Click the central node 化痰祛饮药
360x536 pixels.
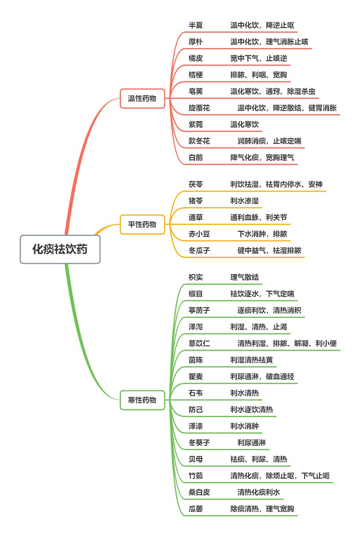coord(60,249)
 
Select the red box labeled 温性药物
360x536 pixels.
coord(142,98)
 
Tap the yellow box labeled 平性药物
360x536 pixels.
coord(142,224)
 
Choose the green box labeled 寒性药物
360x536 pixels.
coord(142,400)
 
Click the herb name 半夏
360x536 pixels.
coord(196,26)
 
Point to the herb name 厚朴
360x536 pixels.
coord(196,42)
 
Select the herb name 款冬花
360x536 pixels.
coord(199,141)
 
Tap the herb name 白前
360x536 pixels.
coord(196,158)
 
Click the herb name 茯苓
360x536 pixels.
coord(196,184)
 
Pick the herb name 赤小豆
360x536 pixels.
coord(199,234)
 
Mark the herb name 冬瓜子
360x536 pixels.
coord(199,250)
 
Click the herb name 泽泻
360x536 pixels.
coord(196,327)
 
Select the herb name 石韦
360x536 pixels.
coord(196,393)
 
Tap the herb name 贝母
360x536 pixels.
coord(196,459)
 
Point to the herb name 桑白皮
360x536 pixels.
coord(199,492)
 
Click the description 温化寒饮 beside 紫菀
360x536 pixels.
coord(245,125)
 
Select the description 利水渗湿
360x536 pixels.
coord(245,201)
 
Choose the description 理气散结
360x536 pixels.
coord(245,277)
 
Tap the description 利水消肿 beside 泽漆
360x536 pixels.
coord(245,426)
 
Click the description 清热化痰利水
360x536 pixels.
coord(259,492)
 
